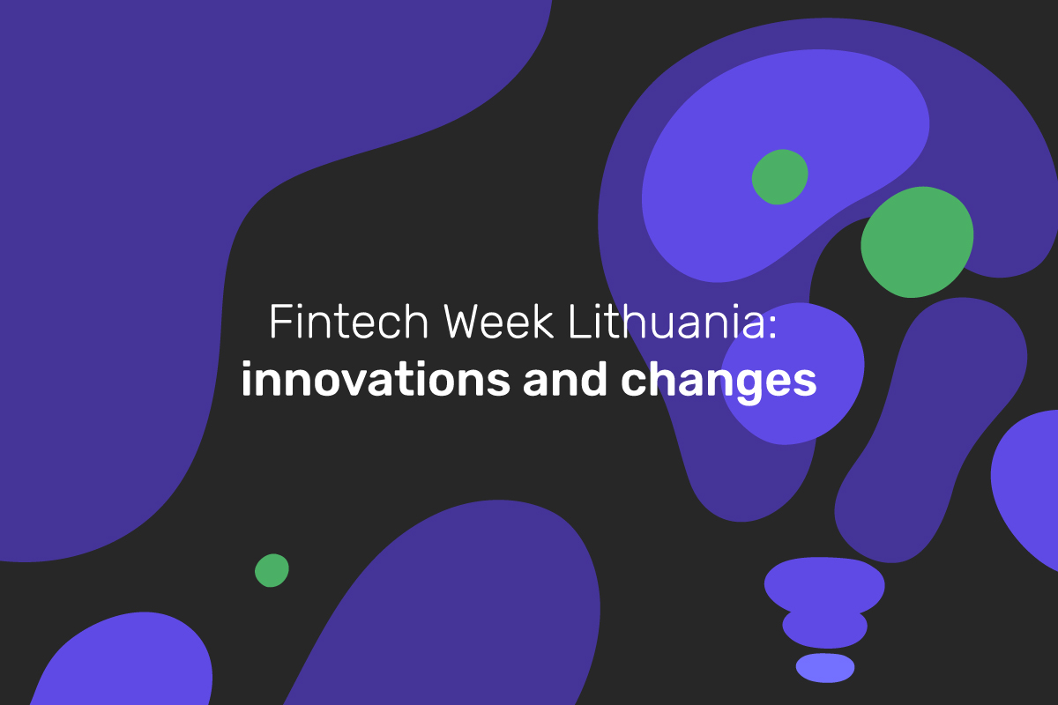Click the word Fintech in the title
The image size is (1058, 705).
coord(349,322)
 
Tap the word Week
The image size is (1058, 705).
coord(498,322)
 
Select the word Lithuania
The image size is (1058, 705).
coord(667,322)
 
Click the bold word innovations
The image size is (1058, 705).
coord(376,379)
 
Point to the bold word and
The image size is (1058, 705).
coord(565,379)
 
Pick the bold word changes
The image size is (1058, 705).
coord(719,382)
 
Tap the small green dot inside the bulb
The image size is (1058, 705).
coord(779,177)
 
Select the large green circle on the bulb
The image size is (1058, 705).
coord(917,242)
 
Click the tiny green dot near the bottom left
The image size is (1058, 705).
coord(272,570)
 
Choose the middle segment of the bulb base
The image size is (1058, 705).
coord(824,628)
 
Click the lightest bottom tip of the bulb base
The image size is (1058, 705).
coord(825,668)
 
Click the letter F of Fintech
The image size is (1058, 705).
coord(279,322)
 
